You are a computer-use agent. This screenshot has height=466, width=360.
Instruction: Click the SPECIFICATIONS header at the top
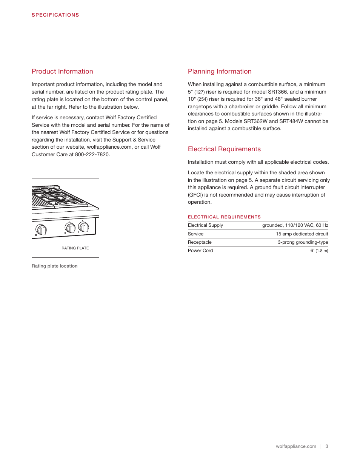coord(55,15)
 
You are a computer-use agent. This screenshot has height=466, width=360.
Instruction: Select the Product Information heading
coord(62,71)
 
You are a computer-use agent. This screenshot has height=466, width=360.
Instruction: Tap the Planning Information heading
coord(220,71)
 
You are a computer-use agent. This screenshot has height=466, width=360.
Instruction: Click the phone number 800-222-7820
coord(92,154)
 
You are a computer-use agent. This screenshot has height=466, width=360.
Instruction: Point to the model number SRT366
coord(278,92)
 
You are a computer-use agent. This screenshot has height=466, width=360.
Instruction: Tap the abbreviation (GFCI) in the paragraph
coord(195,195)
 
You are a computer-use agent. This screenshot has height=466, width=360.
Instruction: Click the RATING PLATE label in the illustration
coord(75,248)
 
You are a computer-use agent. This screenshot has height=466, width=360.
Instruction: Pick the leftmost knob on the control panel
coord(41,229)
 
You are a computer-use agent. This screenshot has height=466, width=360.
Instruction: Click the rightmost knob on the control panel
coord(83,227)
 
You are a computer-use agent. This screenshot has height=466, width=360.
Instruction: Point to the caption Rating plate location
coord(55,266)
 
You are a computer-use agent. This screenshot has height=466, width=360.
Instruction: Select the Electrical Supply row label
coord(205,225)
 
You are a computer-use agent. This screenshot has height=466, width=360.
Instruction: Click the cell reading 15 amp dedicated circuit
coord(302,234)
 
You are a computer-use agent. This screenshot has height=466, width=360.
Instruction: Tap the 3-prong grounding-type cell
coord(303,242)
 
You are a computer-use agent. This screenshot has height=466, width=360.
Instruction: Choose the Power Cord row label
coord(200,251)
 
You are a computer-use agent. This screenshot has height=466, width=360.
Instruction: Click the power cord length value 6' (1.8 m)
coord(319,251)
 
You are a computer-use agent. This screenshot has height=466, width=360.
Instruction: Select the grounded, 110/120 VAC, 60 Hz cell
coord(295,225)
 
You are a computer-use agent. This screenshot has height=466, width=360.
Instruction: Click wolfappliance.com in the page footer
coord(296,446)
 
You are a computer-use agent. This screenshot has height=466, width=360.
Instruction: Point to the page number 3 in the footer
coord(327,446)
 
